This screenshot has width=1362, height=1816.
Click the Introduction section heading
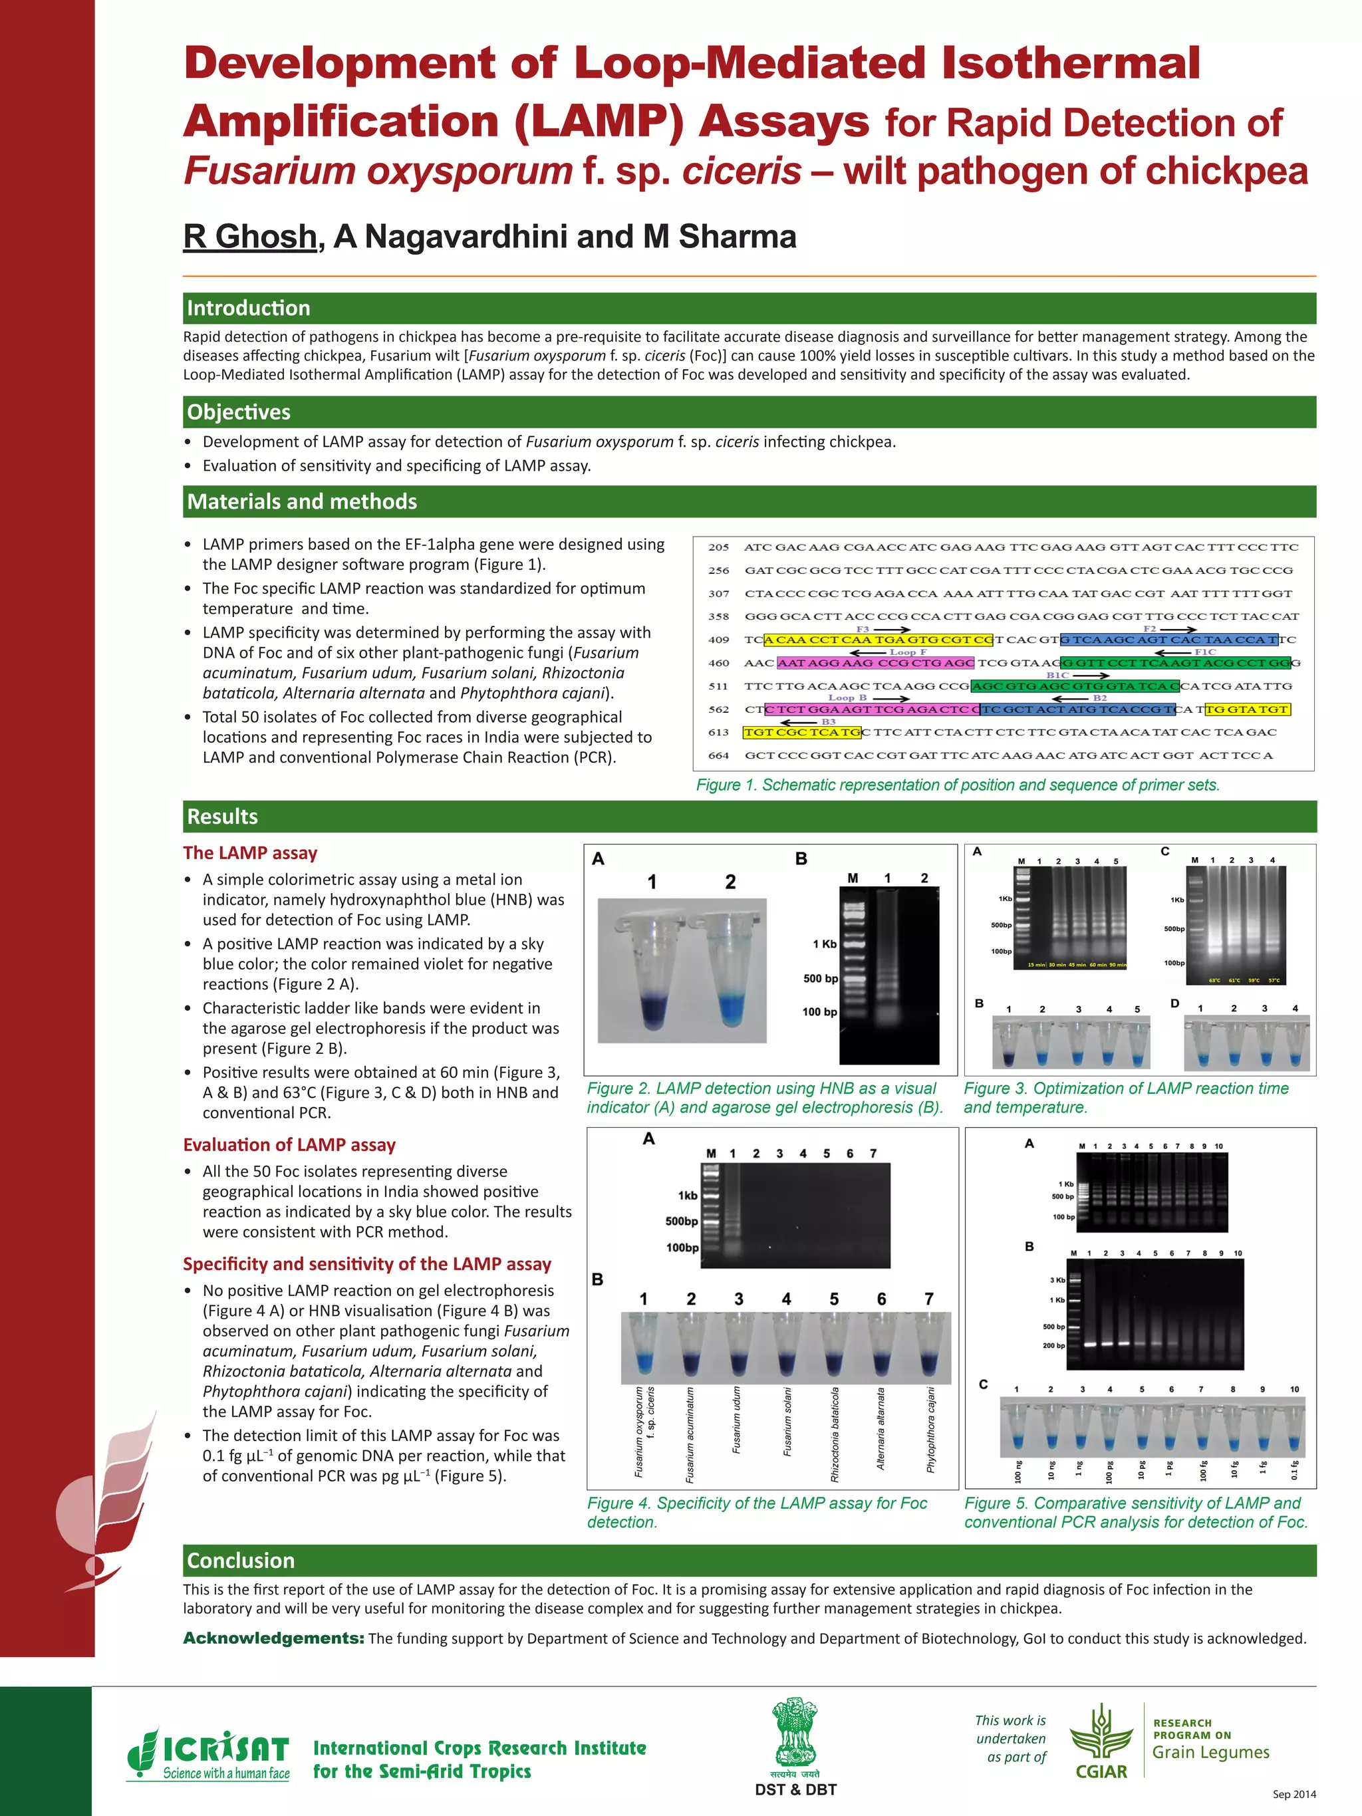[248, 308]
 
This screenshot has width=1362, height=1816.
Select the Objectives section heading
[238, 412]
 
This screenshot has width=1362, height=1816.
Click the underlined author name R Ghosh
[249, 237]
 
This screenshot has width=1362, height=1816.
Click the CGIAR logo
[1101, 1742]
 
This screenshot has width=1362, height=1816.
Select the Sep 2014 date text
[1294, 1794]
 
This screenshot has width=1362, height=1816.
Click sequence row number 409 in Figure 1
[718, 640]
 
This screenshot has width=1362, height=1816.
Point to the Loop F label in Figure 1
[907, 652]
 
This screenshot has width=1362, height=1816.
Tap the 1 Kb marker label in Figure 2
[824, 944]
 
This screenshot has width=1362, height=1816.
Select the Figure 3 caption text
[1125, 1098]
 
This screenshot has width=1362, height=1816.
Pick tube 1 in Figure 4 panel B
[643, 1346]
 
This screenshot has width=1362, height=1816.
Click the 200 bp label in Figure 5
[1053, 1346]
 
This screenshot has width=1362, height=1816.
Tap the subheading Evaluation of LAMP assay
[289, 1144]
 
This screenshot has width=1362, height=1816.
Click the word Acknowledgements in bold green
[273, 1638]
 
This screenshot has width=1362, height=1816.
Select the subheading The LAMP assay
[249, 853]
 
